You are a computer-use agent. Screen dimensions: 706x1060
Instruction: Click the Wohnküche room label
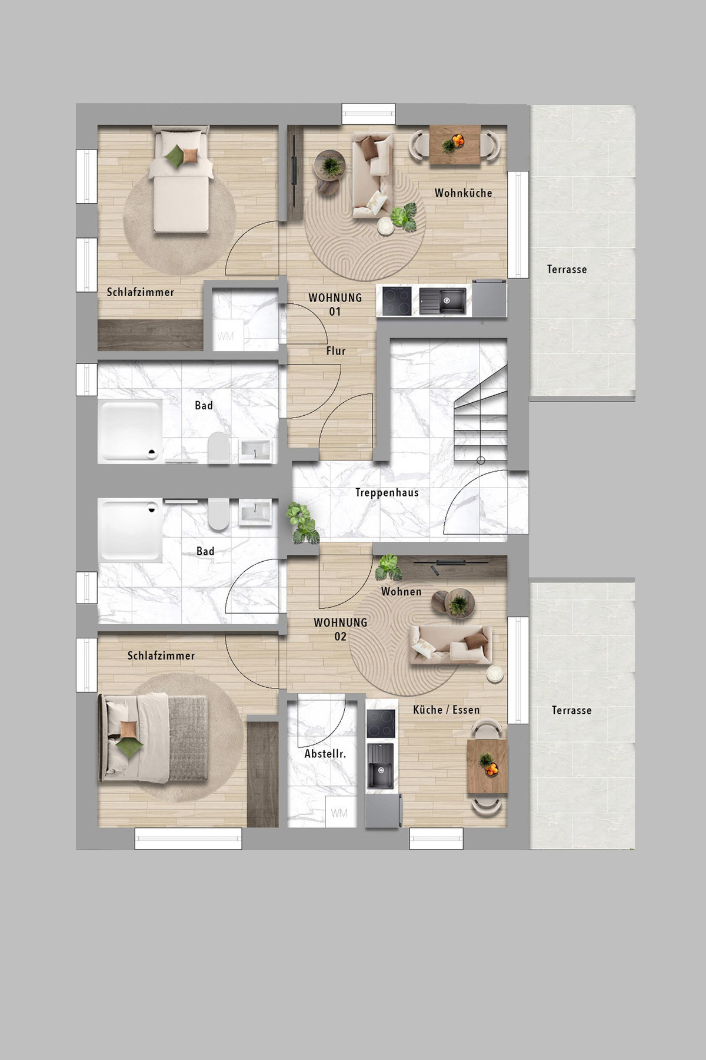click(463, 193)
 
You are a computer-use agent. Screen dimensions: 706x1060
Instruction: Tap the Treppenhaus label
click(387, 492)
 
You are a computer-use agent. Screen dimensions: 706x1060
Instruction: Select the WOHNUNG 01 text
click(335, 304)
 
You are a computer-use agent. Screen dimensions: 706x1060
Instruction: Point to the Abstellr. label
click(325, 754)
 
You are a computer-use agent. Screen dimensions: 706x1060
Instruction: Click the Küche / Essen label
click(447, 710)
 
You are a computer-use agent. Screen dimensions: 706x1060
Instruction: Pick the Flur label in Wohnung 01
click(336, 350)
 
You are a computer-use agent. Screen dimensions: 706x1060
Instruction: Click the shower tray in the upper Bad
click(130, 429)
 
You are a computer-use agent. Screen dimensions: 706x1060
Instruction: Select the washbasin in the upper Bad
click(255, 450)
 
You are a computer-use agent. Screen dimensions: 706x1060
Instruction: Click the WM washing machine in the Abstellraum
click(339, 813)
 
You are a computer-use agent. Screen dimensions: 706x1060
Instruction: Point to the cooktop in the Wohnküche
click(397, 301)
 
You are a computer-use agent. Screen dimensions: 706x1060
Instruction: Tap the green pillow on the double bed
click(129, 747)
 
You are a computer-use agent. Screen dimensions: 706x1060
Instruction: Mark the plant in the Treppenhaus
click(302, 523)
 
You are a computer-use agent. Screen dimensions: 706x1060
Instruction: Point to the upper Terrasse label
click(567, 269)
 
